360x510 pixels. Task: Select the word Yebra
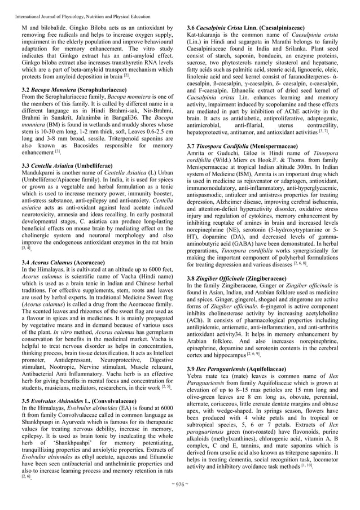197,376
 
